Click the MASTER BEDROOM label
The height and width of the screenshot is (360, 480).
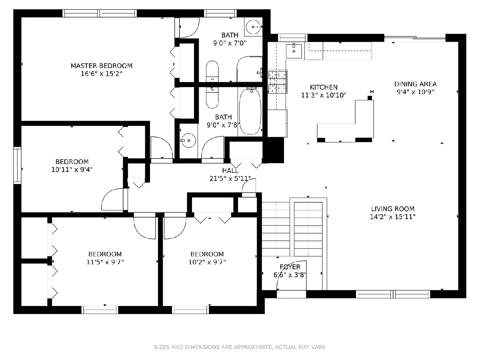pyautogui.click(x=102, y=66)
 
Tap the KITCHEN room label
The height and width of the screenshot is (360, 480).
pyautogui.click(x=324, y=87)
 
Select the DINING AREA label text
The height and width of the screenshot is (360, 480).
pyautogui.click(x=415, y=84)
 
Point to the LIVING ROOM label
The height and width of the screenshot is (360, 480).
pyautogui.click(x=392, y=209)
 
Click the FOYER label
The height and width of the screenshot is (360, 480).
pyautogui.click(x=290, y=267)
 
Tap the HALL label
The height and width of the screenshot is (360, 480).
pyautogui.click(x=230, y=170)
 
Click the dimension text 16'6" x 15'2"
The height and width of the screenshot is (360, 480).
pyautogui.click(x=102, y=74)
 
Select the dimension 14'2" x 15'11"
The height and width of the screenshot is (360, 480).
pyautogui.click(x=392, y=217)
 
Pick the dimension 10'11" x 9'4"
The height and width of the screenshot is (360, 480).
pyautogui.click(x=72, y=170)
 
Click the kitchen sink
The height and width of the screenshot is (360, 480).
pyautogui.click(x=294, y=51)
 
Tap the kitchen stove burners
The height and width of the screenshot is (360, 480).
pyautogui.click(x=278, y=82)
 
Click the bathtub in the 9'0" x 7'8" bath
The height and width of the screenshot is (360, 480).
pyautogui.click(x=250, y=111)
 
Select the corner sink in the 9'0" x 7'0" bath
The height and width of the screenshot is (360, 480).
pyautogui.click(x=253, y=27)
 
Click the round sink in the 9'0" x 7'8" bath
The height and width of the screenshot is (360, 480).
pyautogui.click(x=188, y=140)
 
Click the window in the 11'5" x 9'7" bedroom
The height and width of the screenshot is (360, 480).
pyautogui.click(x=100, y=310)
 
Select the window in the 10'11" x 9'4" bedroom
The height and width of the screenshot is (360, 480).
pyautogui.click(x=17, y=166)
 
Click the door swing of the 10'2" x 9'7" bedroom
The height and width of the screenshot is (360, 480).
pyautogui.click(x=175, y=226)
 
